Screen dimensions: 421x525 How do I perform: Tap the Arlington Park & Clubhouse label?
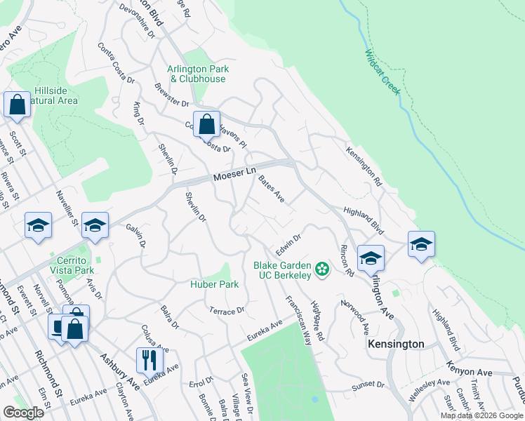pos(197,74)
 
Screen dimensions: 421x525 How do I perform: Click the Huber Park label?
pos(215,284)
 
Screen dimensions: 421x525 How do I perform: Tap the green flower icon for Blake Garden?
pos(322,269)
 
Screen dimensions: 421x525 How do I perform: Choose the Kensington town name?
pos(397,345)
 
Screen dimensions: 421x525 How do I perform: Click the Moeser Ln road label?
pos(234,173)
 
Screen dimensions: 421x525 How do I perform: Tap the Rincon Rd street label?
pos(345,260)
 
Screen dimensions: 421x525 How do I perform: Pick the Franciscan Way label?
pos(298,321)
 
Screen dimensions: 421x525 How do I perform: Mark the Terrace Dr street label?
pos(226,309)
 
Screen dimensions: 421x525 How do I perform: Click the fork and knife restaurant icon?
pos(149,360)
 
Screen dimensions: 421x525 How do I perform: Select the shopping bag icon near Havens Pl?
pos(207,124)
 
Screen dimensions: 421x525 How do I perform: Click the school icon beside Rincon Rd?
pos(370,258)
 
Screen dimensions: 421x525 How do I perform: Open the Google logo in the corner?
pos(23,413)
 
